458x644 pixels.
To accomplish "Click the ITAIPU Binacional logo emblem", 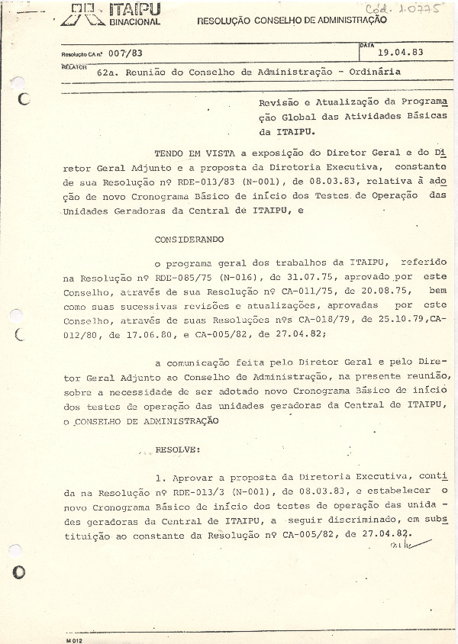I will (x=85, y=14).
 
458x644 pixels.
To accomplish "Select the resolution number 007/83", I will (x=126, y=54).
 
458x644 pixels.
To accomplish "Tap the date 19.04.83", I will (x=402, y=53).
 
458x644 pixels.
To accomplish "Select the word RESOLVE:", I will (x=178, y=450).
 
